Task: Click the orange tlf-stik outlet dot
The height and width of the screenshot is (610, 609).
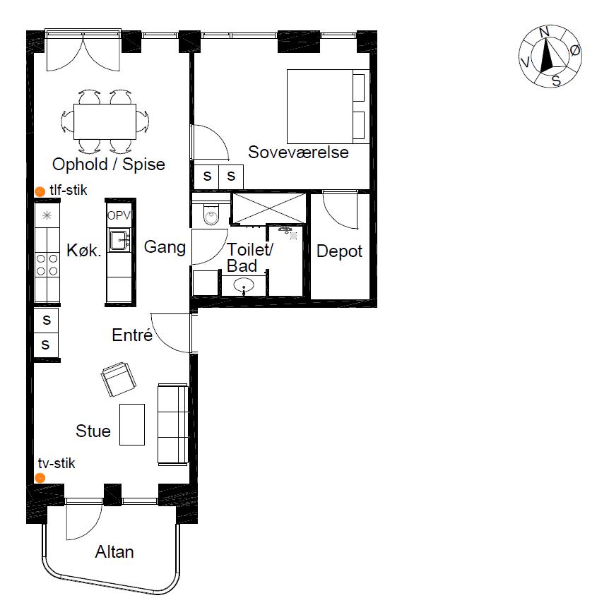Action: coord(40,191)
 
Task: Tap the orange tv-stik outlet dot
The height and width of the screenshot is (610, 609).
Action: coord(40,478)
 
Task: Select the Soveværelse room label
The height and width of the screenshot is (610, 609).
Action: coord(298,152)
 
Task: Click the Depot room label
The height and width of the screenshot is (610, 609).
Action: coord(340,251)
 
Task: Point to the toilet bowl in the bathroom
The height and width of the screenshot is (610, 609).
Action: coord(211,215)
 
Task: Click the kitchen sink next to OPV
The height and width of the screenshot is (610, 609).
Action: coord(119,240)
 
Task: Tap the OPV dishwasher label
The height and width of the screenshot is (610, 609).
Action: coord(119,215)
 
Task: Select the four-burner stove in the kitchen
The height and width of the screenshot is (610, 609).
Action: coord(47,265)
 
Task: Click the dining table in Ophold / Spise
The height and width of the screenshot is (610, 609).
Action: coord(105,121)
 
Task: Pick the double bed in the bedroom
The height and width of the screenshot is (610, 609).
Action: coord(328,107)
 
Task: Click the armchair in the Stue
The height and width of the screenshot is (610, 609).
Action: coord(119,379)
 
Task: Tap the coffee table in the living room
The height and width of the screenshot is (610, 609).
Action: coord(132,424)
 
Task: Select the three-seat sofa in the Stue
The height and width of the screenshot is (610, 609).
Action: coord(173,424)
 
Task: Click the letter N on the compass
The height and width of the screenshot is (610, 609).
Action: coord(544,32)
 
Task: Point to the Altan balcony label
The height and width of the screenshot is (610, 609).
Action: coord(114,551)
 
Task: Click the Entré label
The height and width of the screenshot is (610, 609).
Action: coord(132,335)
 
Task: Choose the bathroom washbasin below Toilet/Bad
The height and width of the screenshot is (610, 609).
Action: coord(244,285)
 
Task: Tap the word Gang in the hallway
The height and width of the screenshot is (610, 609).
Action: coord(165,247)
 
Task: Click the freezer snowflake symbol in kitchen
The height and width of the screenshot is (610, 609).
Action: coord(47,215)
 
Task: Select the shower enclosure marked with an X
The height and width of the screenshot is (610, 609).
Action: coord(268,208)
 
